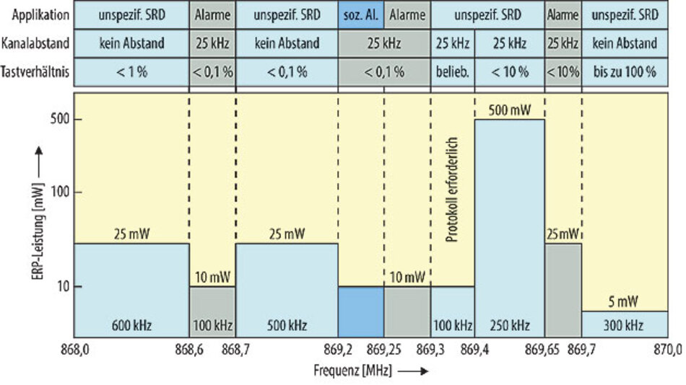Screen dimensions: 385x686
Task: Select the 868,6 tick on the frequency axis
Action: [x=189, y=350]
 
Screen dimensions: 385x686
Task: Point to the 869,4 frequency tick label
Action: [x=474, y=350]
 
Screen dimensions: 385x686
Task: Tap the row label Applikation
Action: [x=35, y=14]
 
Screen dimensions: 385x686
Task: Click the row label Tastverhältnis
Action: [x=35, y=72]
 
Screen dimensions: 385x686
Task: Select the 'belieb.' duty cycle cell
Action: [x=452, y=72]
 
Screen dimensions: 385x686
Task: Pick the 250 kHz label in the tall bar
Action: [x=509, y=324]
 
